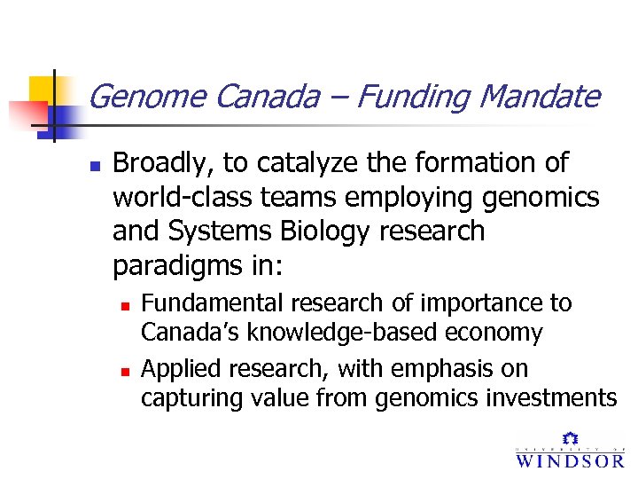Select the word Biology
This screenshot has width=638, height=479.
[x=324, y=232]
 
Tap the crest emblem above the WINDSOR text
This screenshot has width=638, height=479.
[x=570, y=438]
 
